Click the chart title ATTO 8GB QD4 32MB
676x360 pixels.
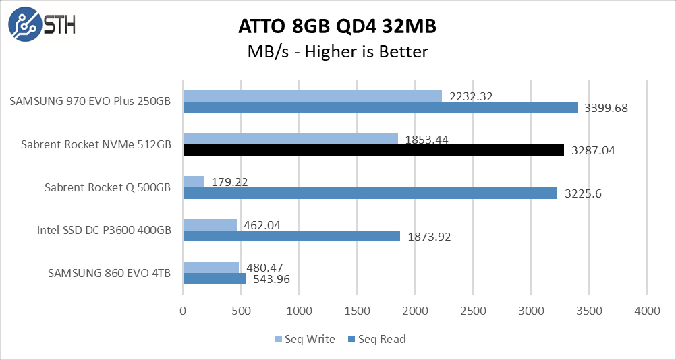point(337,26)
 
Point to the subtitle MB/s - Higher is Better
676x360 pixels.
point(337,51)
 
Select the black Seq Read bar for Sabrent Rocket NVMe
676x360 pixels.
point(373,150)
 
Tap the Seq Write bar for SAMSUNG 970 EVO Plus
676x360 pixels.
point(312,96)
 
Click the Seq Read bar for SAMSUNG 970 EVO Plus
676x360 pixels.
point(380,107)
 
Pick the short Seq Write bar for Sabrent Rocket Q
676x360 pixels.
point(193,182)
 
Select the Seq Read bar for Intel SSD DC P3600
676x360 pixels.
point(291,236)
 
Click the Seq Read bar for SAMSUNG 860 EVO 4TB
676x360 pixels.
point(214,278)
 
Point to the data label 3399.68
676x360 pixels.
point(606,108)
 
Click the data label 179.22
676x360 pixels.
point(229,182)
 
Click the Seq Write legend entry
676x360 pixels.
point(305,339)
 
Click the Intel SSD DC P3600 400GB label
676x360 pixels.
point(104,231)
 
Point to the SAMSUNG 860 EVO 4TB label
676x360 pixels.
point(109,274)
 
